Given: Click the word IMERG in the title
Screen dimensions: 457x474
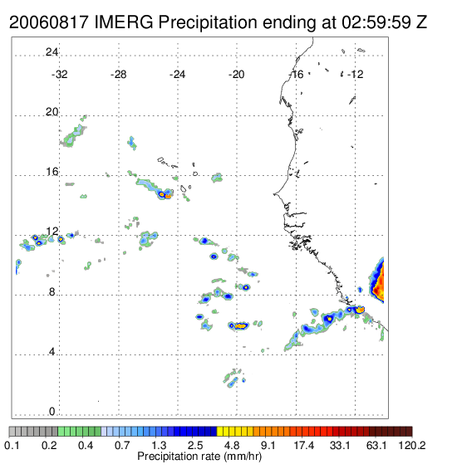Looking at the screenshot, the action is click(x=124, y=22).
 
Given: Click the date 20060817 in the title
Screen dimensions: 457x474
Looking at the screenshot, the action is click(x=49, y=22).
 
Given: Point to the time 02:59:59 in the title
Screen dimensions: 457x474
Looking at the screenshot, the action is click(x=376, y=22).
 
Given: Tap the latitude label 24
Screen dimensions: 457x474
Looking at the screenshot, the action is click(x=52, y=52).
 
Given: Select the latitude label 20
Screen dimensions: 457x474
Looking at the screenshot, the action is click(x=52, y=112).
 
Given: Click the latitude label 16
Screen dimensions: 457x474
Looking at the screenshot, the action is click(x=52, y=172).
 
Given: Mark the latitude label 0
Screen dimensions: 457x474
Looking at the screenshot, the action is click(x=52, y=412).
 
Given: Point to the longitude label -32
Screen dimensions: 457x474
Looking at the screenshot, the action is click(x=59, y=75).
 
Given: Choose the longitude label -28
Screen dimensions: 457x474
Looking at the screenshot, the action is click(x=118, y=75).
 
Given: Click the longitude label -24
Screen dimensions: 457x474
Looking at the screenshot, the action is click(x=177, y=75).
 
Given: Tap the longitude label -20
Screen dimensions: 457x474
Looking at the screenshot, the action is click(x=236, y=75).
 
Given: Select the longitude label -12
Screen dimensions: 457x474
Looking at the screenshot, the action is click(x=356, y=75).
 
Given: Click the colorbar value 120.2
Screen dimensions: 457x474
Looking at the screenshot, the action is click(x=412, y=445).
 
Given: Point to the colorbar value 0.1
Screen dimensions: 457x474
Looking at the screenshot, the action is click(x=12, y=445).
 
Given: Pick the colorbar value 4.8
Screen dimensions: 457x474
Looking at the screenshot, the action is click(x=232, y=445).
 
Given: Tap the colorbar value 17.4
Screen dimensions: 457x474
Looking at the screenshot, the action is click(x=304, y=445).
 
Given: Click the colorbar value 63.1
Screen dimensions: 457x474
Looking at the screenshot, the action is click(x=376, y=445).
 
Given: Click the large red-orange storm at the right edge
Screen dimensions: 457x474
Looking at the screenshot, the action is click(x=377, y=281).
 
